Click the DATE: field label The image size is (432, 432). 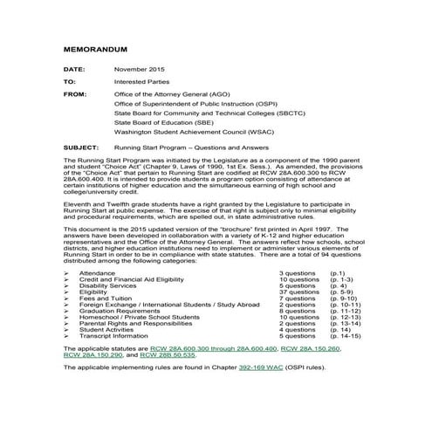point(74,67)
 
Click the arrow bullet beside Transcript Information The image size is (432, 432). point(68,335)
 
